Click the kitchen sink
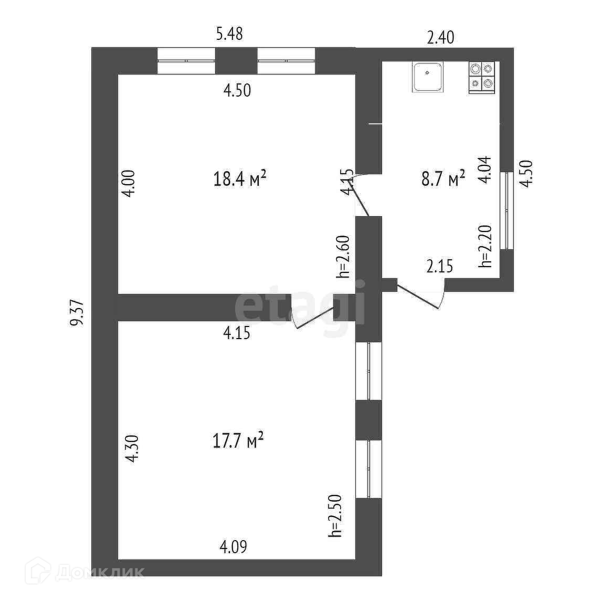tap(428, 77)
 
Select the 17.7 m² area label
tap(238, 440)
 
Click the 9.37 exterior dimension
tap(77, 313)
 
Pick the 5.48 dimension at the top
tap(229, 35)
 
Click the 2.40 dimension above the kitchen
tap(440, 38)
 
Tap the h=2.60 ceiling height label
tap(344, 256)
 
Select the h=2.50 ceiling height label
tap(335, 515)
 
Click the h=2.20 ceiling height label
tap(485, 246)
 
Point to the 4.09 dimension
tap(233, 547)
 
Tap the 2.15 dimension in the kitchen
tap(440, 267)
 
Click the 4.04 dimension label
tap(485, 170)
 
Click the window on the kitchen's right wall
tap(506, 210)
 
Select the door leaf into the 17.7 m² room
tap(314, 320)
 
